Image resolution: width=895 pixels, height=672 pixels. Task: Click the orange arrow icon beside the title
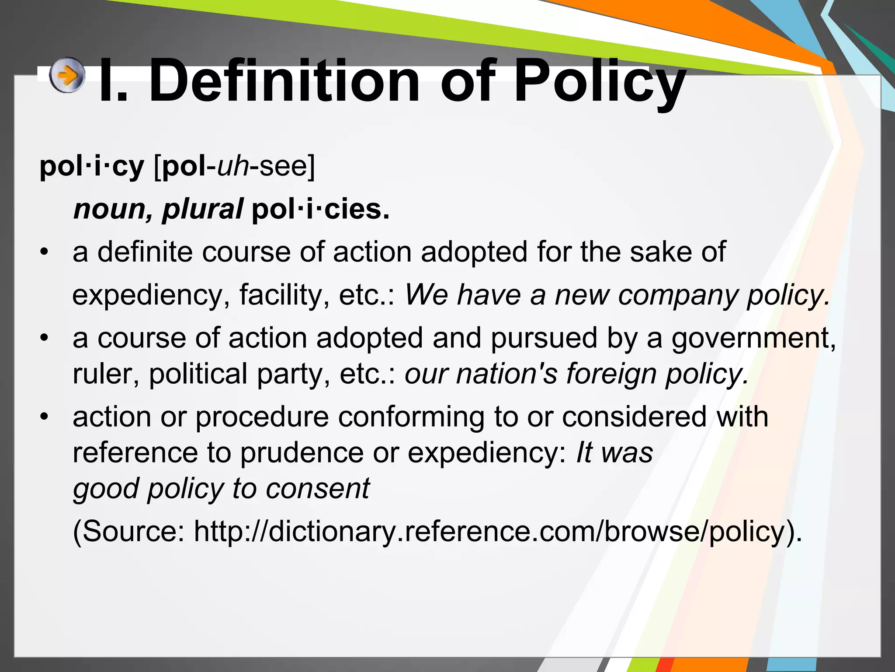coord(66,75)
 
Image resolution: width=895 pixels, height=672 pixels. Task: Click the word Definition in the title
coord(284,82)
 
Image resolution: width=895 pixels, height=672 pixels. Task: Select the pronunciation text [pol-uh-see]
coord(234,166)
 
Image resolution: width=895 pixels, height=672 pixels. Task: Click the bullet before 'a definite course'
coord(43,252)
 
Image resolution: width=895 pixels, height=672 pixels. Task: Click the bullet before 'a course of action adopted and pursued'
coord(43,338)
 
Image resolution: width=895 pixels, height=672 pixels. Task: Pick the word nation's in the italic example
coord(506,374)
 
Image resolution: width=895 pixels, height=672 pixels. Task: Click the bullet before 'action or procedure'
coord(43,417)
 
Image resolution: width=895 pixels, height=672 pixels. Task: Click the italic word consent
coord(318,488)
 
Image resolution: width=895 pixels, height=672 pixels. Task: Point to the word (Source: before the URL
coord(128,532)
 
